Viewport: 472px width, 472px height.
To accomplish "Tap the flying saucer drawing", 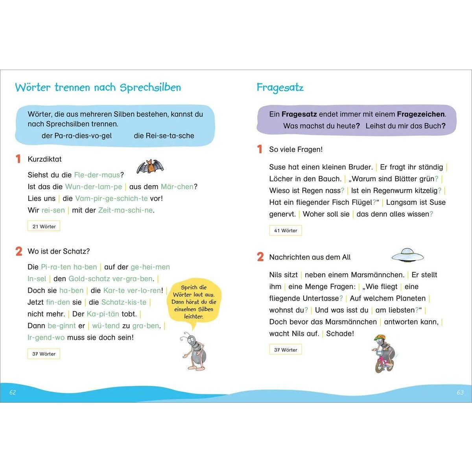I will [x=407, y=256].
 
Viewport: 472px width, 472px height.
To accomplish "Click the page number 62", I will [x=13, y=392].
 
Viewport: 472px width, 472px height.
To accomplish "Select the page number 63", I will [x=460, y=392].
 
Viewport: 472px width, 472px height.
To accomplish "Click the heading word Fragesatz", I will [x=280, y=87].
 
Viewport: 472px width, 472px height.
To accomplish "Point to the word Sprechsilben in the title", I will [x=150, y=87].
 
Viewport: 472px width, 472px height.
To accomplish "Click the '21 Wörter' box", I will [x=44, y=226].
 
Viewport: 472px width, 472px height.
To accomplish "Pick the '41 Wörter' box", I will [x=286, y=230].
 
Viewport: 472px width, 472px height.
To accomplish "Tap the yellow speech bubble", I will [x=194, y=302].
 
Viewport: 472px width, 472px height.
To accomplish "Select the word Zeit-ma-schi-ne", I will [x=125, y=210].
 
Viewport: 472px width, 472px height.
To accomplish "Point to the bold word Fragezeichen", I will [x=420, y=114].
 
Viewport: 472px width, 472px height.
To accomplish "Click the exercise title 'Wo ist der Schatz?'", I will [x=59, y=251].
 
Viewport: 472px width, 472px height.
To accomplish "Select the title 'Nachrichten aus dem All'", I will [x=310, y=257].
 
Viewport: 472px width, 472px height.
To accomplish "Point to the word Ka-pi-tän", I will [x=103, y=314].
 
